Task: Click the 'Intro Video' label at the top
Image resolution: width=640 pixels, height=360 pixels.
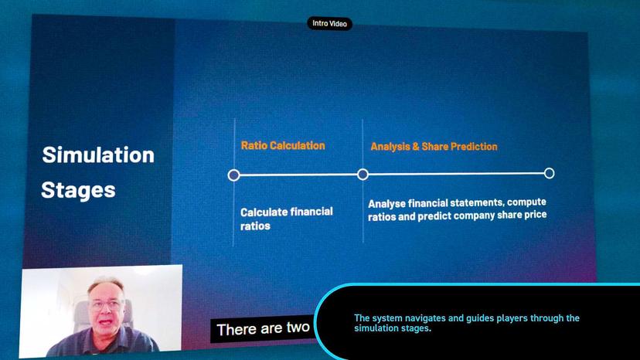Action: pyautogui.click(x=329, y=24)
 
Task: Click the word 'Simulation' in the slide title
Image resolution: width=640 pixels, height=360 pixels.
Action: pyautogui.click(x=98, y=155)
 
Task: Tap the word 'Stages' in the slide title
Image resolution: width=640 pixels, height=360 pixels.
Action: pyautogui.click(x=78, y=189)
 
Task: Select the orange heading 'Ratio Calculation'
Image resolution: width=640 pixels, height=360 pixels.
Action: pyautogui.click(x=283, y=145)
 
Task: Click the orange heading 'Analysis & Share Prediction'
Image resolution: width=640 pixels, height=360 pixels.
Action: pyautogui.click(x=434, y=146)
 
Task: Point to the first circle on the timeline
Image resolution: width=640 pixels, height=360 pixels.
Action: pyautogui.click(x=234, y=175)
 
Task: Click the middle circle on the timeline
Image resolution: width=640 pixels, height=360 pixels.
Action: pyautogui.click(x=363, y=175)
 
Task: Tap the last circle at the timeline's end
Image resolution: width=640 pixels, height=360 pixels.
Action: pyautogui.click(x=549, y=173)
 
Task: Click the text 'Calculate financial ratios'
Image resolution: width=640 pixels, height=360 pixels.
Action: pyautogui.click(x=286, y=219)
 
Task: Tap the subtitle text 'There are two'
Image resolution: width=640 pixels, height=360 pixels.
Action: pyautogui.click(x=263, y=329)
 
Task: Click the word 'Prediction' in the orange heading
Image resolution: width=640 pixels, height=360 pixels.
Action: pyautogui.click(x=471, y=146)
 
